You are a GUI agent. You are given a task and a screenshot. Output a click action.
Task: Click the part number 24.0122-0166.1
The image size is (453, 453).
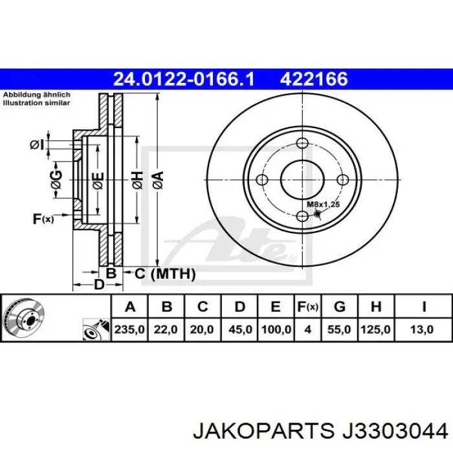point(184,79)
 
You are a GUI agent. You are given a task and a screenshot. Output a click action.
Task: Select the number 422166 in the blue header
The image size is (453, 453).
point(314,79)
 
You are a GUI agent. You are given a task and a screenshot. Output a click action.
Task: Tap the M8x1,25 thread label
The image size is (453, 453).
point(323,204)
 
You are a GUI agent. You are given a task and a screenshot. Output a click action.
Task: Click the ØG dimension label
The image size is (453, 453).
point(56,182)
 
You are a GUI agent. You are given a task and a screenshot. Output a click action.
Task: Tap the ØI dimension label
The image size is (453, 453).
point(37,145)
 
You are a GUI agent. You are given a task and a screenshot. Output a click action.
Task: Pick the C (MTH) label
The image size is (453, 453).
point(164,274)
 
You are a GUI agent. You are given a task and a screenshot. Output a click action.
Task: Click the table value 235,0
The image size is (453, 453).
point(129,329)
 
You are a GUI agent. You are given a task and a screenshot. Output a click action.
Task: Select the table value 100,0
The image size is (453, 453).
point(275,329)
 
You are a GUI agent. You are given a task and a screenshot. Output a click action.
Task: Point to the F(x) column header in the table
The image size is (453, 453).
point(307,307)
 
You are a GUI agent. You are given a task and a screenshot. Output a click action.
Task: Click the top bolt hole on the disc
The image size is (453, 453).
point(302,144)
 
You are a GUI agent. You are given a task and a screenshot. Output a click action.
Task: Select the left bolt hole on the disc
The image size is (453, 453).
point(262,181)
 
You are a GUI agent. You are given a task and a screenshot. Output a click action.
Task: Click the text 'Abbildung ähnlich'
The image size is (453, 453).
point(37,94)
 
